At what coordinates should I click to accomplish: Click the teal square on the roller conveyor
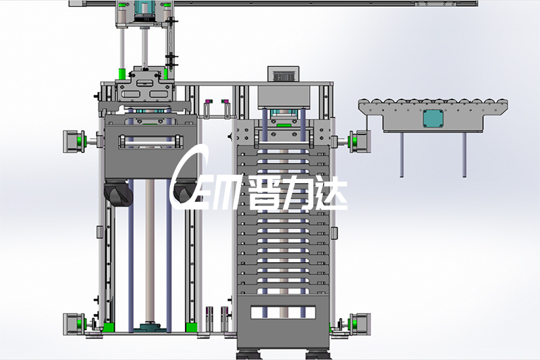[433, 118]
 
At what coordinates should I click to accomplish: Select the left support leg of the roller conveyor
[402, 155]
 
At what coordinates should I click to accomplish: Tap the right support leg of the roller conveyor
[464, 155]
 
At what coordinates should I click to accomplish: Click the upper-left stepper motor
[74, 141]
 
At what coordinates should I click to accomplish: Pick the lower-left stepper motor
[74, 324]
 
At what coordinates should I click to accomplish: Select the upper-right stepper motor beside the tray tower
[360, 141]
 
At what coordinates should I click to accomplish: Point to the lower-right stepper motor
[360, 324]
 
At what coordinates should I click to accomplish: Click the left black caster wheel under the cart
[118, 194]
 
